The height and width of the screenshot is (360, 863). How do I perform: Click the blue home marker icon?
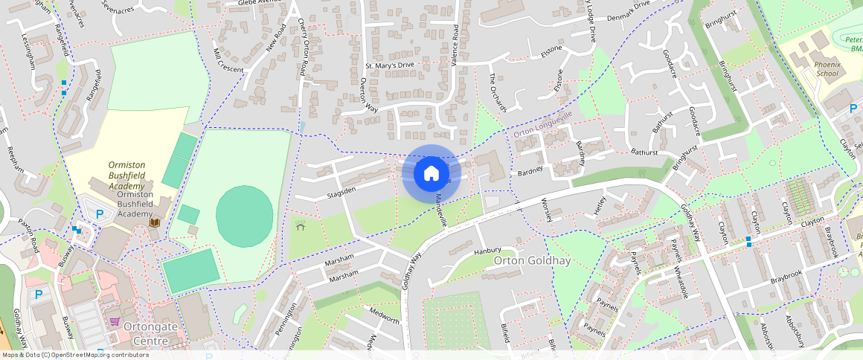[431, 174]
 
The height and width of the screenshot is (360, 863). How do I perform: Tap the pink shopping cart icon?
[115, 321]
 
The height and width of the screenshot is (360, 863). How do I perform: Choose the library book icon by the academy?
[155, 222]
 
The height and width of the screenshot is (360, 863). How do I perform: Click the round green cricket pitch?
[244, 214]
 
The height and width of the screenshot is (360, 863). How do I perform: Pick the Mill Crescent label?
[228, 60]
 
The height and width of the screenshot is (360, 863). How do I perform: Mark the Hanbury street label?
[488, 251]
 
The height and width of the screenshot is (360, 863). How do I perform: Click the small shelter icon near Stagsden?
[301, 226]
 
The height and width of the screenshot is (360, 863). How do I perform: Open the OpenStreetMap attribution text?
[76, 355]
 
